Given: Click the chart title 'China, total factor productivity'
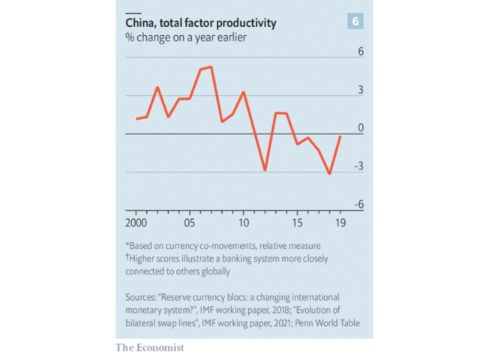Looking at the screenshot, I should tap(200, 23).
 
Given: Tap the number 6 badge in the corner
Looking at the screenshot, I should tap(355, 22).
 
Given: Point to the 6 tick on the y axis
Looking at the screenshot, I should tap(360, 52).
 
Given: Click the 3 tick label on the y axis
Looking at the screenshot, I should tap(360, 90).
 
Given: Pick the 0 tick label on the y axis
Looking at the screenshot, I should tap(360, 128).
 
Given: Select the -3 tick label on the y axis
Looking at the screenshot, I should tap(358, 166).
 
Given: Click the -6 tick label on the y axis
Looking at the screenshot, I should tap(358, 205).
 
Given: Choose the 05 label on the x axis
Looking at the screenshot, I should tap(190, 223).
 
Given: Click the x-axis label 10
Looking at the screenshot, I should tap(243, 223).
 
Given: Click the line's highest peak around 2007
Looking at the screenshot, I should tap(211, 67).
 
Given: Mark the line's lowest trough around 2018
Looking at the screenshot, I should tap(329, 174).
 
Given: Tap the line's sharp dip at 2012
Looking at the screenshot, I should tap(265, 170).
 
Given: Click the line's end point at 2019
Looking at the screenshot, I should tap(341, 136).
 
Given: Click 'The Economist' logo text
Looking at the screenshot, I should tap(149, 348).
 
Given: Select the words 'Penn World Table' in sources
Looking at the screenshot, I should tap(327, 322).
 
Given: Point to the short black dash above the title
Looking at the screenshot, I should tap(133, 13).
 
